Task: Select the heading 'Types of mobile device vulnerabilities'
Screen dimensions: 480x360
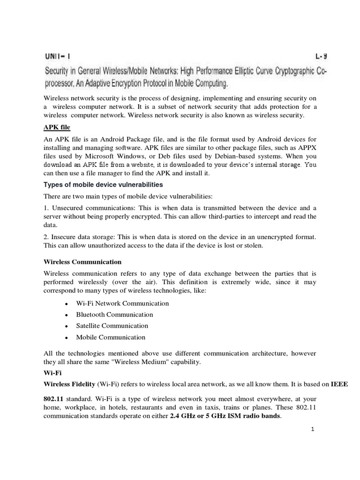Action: point(103,184)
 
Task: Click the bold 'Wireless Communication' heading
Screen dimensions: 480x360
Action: point(82,262)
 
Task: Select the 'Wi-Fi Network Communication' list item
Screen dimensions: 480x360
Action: point(122,303)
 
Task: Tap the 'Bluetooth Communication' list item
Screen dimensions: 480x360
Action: point(114,315)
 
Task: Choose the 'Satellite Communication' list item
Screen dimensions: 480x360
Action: point(112,326)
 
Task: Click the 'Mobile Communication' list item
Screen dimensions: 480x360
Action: point(111,337)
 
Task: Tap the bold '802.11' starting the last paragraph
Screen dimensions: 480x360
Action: point(53,398)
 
